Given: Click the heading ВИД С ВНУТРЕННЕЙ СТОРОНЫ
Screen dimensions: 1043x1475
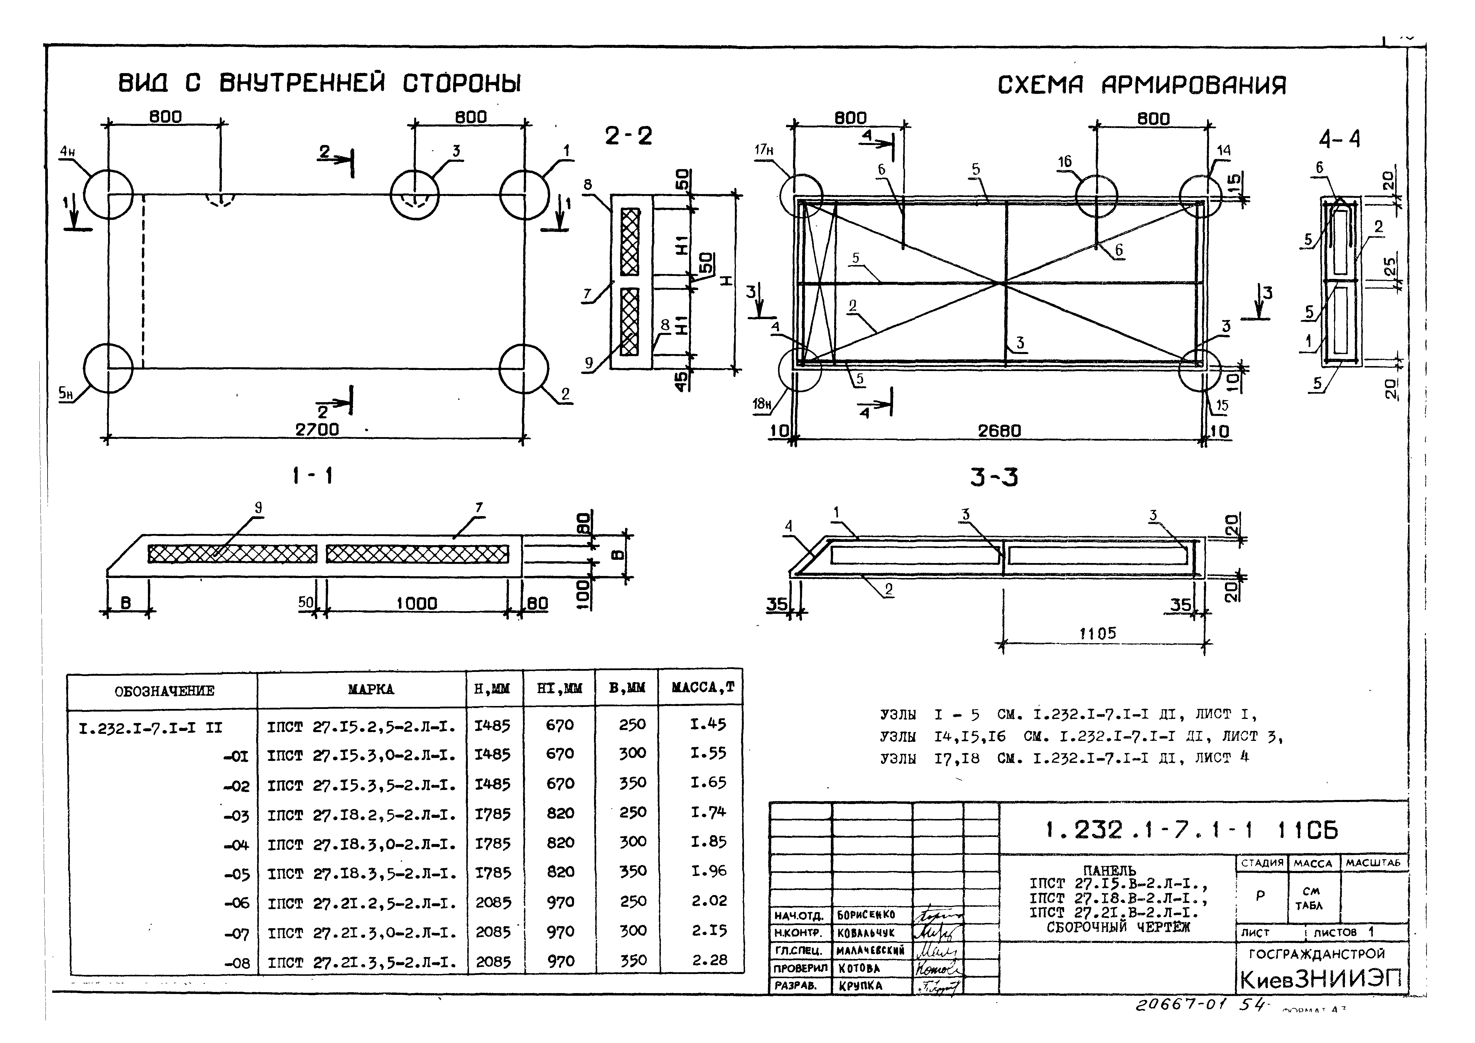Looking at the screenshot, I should [319, 84].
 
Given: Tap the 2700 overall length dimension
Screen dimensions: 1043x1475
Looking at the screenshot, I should [317, 429].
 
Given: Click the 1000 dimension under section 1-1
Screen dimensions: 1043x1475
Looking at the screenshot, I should [416, 604].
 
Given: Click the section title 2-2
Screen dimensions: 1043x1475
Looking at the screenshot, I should [628, 136].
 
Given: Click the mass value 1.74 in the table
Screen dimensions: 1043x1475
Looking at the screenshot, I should [708, 812].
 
